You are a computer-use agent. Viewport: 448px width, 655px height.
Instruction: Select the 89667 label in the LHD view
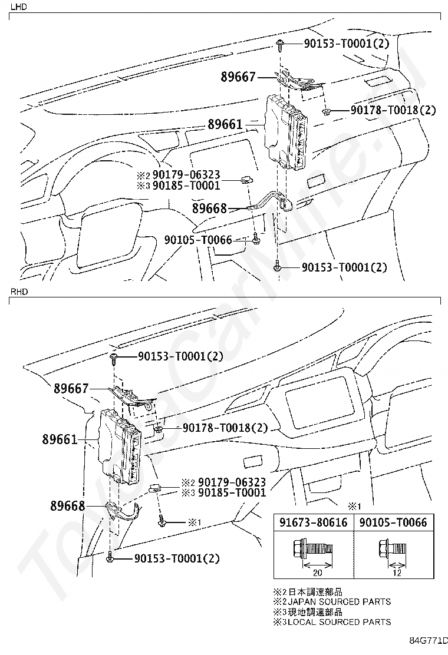coord(238,77)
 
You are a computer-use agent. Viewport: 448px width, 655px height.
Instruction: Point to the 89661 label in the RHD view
coord(60,439)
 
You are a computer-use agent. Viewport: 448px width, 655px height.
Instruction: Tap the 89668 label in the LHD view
coord(210,209)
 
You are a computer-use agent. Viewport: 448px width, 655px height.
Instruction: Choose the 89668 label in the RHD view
coord(68,506)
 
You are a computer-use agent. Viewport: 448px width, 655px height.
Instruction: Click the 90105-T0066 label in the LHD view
coord(199,240)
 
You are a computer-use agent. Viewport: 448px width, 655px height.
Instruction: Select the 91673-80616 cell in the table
coord(313,522)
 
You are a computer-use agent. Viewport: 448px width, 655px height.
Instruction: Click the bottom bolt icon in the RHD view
coord(110,557)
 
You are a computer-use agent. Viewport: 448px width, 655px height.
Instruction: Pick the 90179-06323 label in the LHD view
coord(186,175)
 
